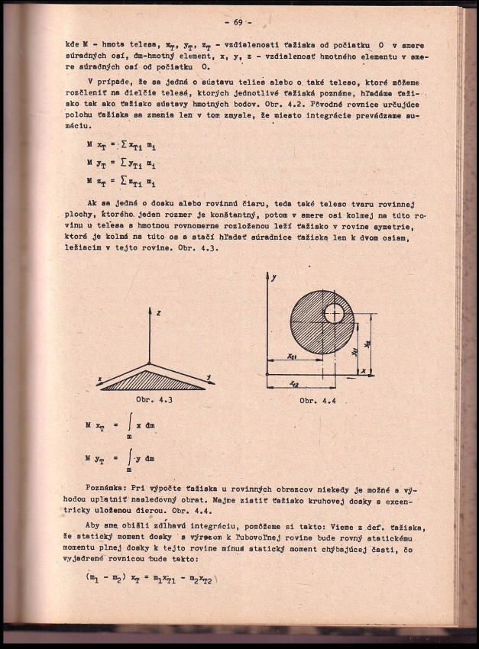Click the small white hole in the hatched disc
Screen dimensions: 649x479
coord(334,313)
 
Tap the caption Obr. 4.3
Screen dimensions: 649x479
coord(154,399)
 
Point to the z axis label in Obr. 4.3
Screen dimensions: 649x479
coord(157,313)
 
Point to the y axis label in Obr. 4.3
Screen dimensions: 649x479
coord(207,376)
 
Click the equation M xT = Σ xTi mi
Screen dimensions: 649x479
coord(121,145)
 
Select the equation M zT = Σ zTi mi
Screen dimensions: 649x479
coord(121,182)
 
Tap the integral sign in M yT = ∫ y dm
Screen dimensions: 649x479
coord(130,458)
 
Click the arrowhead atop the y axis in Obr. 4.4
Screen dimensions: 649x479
coord(266,276)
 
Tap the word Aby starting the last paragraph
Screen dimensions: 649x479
coord(95,528)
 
